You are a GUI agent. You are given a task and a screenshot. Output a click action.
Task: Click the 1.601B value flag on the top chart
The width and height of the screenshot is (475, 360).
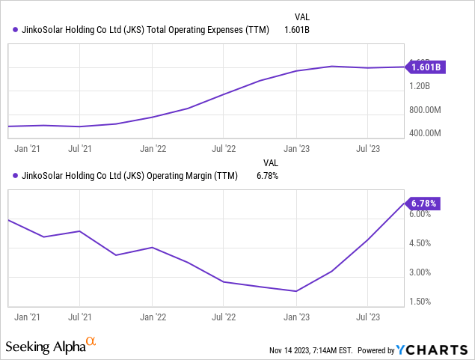coord(425,67)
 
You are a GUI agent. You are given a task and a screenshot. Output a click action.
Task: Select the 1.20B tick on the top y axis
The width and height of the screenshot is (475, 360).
coord(423,86)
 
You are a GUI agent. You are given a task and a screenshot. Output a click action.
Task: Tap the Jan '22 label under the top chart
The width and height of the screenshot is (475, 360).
coord(153,149)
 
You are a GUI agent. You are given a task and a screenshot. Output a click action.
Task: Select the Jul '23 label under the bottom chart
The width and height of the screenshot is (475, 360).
coord(367,317)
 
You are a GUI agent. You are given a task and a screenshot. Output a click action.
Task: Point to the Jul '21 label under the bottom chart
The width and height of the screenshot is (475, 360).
coord(80,317)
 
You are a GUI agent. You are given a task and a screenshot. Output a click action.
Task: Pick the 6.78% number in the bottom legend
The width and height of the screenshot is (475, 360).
coord(267,177)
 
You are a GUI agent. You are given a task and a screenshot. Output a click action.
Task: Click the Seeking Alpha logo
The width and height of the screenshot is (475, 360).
coord(51,347)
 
